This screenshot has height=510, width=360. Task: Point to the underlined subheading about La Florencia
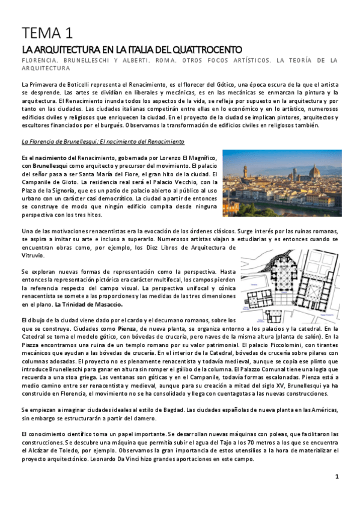[x=102, y=141]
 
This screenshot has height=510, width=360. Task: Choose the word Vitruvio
[x=34, y=255]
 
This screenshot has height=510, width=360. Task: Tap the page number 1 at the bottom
[x=337, y=476]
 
